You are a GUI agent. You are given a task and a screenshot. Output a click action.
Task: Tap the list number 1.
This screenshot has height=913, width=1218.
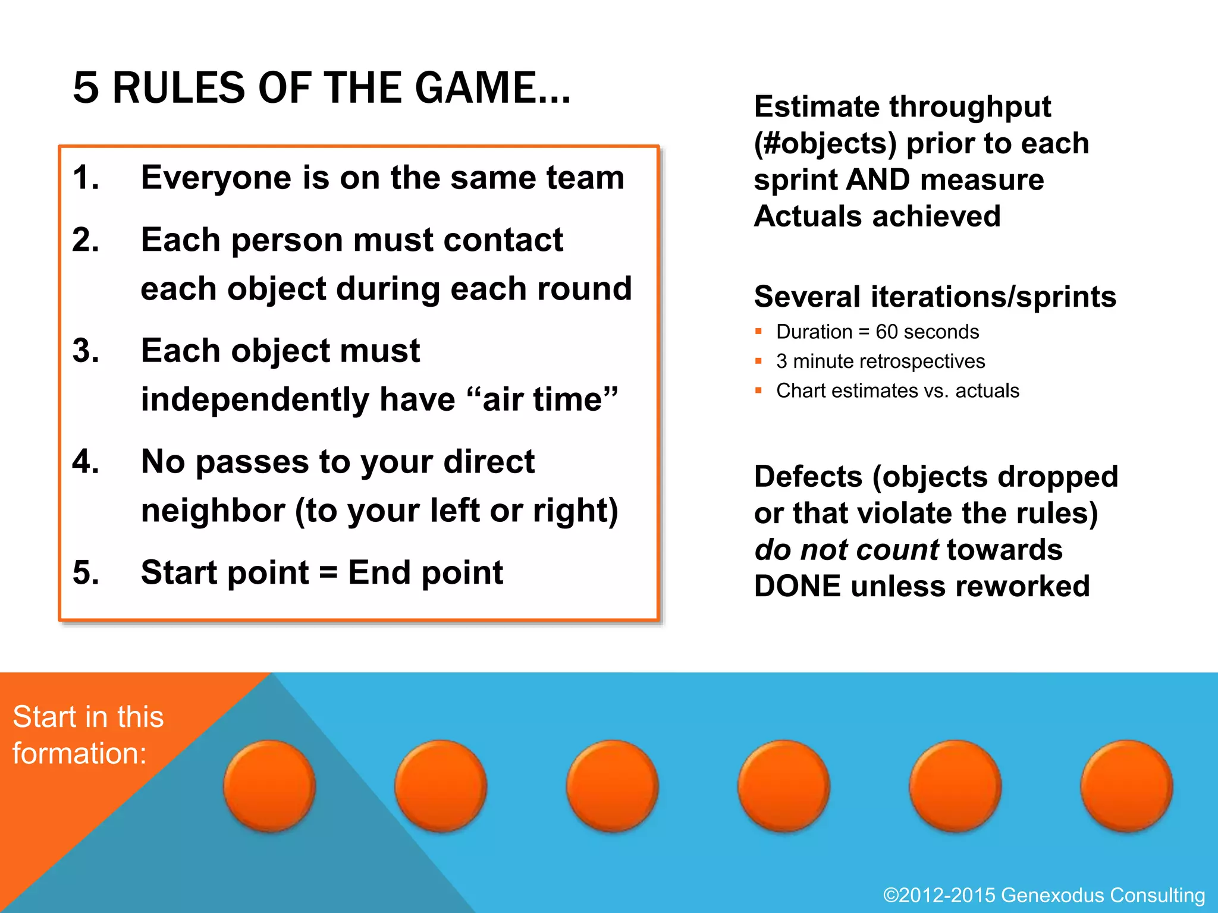[x=86, y=178]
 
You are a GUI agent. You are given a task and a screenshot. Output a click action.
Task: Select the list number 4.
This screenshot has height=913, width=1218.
[x=86, y=462]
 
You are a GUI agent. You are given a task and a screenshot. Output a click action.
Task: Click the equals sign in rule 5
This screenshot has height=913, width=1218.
[x=328, y=573]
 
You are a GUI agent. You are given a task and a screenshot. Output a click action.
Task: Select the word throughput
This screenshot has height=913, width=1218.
[x=970, y=107]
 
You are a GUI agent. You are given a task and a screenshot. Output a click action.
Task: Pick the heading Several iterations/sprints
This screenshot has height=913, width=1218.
[x=935, y=297]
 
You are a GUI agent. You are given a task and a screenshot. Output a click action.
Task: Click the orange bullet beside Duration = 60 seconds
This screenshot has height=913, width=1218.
[x=758, y=332]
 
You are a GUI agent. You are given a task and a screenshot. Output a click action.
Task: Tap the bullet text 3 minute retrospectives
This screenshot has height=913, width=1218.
[x=880, y=361]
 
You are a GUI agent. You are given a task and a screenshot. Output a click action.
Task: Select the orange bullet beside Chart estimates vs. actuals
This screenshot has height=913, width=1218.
[x=758, y=391]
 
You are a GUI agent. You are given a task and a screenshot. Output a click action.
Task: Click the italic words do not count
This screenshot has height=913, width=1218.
[x=847, y=550]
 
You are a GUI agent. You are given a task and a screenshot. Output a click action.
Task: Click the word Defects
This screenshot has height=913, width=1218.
[x=808, y=477]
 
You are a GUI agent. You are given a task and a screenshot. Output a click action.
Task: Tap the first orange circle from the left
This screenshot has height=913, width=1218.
[x=269, y=785]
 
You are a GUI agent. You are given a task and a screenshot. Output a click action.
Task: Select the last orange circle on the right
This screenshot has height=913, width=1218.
[x=1126, y=785]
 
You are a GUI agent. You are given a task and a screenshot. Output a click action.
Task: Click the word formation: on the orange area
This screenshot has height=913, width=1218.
[x=80, y=754]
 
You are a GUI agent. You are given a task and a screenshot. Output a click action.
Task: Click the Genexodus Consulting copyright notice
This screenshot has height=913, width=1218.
[x=1044, y=895]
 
